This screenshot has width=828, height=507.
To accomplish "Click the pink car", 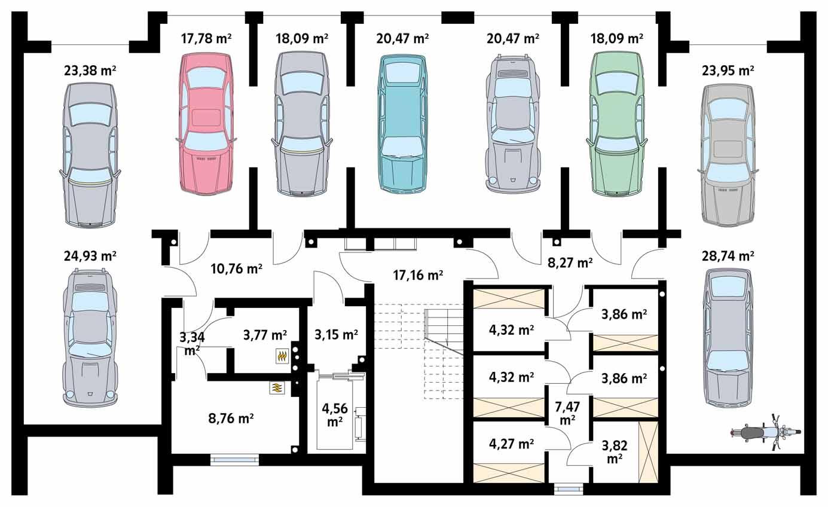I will click(206, 123).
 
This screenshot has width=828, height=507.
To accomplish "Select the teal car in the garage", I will click(403, 123).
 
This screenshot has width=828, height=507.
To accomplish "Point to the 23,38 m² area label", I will click(90, 71).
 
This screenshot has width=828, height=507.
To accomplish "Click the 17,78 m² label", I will click(206, 39).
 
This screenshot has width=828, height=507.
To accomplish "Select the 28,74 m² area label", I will click(728, 255).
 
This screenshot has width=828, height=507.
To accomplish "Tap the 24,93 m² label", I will click(90, 256).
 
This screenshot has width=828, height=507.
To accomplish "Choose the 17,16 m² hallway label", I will click(418, 276).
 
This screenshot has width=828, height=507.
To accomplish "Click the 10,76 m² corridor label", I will click(237, 268).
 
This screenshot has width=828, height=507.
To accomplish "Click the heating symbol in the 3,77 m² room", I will click(282, 356).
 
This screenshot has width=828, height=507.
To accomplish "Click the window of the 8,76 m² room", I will click(234, 460).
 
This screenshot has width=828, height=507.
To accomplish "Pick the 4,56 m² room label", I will click(334, 414).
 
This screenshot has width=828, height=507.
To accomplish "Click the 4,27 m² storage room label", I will click(511, 444).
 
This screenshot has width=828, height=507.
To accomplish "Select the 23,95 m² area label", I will click(728, 71).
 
